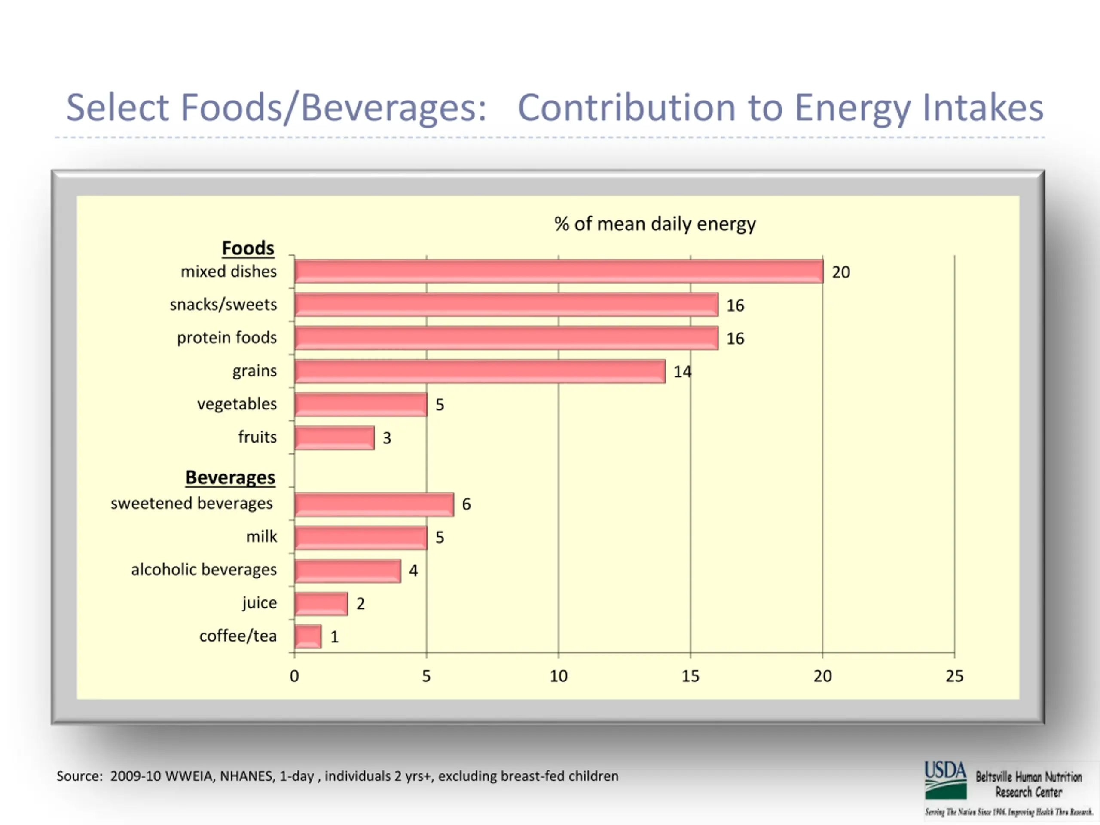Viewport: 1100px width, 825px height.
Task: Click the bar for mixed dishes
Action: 558,272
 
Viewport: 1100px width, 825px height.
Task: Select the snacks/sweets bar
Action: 506,305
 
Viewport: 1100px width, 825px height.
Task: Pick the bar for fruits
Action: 334,437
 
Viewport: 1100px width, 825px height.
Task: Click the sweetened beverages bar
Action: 373,504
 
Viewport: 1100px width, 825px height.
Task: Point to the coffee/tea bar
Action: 308,636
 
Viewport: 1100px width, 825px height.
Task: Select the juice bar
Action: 321,604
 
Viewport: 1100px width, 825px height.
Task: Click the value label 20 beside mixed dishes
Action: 841,272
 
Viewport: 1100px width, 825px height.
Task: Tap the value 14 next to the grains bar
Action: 682,372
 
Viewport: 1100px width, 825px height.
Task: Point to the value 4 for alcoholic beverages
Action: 413,570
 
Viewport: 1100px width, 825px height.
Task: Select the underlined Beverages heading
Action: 230,477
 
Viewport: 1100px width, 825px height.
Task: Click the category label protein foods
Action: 227,338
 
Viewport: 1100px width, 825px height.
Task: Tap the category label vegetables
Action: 237,404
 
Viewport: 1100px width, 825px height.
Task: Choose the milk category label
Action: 262,537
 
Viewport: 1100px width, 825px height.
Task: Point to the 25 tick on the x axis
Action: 954,676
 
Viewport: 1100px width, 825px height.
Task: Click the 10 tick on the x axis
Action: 559,676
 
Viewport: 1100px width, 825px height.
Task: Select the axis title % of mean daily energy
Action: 655,224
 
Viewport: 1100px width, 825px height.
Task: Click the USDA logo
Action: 945,780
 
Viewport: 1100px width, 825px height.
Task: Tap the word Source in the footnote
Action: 79,776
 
